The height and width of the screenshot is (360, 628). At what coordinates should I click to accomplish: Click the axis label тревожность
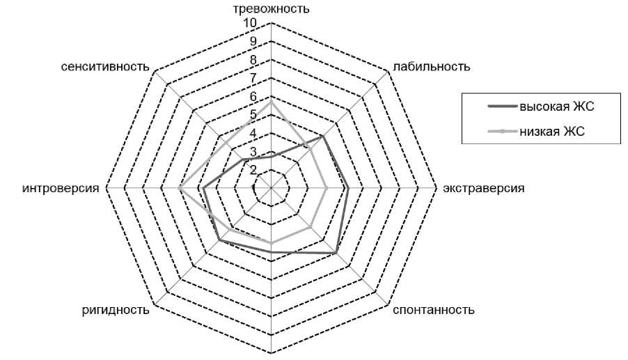coord(271,9)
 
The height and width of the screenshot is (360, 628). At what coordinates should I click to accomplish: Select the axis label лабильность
coord(432,67)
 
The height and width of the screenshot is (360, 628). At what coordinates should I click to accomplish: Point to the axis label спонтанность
coord(433,309)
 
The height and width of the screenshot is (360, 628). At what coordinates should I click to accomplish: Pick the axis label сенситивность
coord(105,67)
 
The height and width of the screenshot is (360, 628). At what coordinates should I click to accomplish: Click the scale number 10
coord(250,24)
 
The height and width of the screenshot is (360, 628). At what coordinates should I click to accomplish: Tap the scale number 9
coord(253,42)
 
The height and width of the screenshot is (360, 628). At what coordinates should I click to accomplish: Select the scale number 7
coord(253,78)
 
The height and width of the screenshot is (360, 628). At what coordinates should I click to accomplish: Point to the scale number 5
coord(253,115)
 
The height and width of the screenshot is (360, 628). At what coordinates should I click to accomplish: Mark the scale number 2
coord(253,170)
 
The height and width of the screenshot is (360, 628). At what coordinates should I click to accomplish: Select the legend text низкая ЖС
coord(551,130)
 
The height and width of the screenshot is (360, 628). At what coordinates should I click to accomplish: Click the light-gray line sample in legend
coord(492,130)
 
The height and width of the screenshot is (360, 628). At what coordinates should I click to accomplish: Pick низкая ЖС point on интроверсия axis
coord(180,188)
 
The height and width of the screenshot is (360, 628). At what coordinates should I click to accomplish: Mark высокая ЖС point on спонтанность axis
coord(336,253)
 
